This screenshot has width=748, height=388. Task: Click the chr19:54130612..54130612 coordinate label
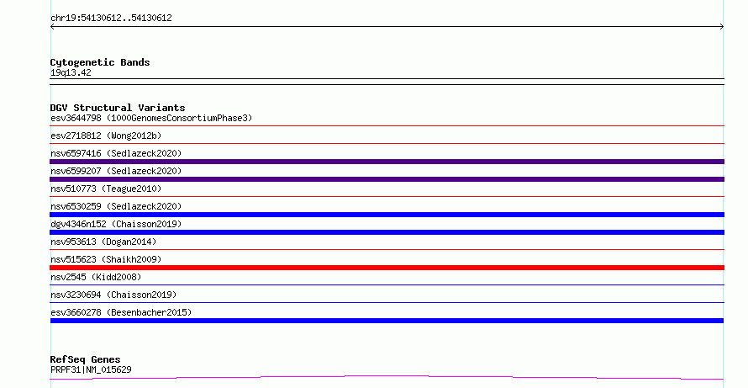[x=111, y=19]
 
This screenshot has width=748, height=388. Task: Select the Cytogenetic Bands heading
[x=100, y=62]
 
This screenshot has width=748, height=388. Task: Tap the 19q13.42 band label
[x=71, y=72]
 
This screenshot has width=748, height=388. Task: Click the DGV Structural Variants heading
[x=118, y=108]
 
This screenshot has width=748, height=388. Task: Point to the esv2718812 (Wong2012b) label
[x=106, y=136]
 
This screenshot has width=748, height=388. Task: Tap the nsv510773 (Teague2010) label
[x=106, y=189]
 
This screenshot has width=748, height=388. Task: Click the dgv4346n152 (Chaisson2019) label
[x=116, y=224]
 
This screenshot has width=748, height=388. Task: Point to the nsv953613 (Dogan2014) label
[x=103, y=242]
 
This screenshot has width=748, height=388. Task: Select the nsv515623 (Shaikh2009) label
[x=106, y=259]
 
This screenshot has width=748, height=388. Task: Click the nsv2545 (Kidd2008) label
[x=96, y=277]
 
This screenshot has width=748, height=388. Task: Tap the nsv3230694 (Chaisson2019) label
[x=113, y=295]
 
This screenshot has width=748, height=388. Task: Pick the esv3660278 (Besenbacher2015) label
[x=121, y=312]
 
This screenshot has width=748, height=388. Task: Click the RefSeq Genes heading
[x=85, y=359]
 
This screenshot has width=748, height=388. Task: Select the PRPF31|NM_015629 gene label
[x=91, y=369]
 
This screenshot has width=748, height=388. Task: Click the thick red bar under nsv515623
[x=387, y=268]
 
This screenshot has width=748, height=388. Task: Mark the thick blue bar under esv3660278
[x=387, y=321]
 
